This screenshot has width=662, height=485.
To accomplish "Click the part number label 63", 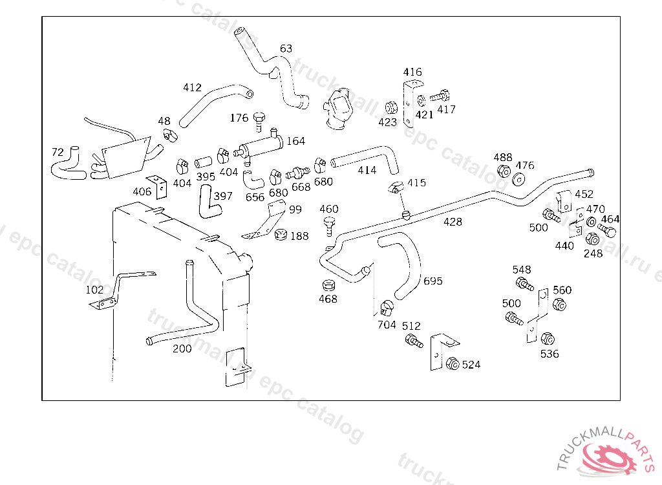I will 286,48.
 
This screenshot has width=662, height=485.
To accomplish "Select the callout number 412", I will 193,88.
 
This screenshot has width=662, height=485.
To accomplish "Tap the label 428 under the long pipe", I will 453,222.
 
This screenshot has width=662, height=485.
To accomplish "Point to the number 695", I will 433,281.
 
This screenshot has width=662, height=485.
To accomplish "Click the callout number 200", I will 182,349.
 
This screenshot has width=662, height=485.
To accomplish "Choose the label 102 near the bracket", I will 94,290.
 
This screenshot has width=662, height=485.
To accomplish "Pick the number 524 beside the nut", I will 471,365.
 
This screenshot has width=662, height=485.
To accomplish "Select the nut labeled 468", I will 328,285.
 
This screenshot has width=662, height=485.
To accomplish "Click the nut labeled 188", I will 281,235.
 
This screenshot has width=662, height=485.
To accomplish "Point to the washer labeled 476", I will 519,179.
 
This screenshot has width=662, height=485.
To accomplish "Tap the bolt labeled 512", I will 413,341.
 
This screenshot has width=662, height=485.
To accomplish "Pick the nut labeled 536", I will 547,339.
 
